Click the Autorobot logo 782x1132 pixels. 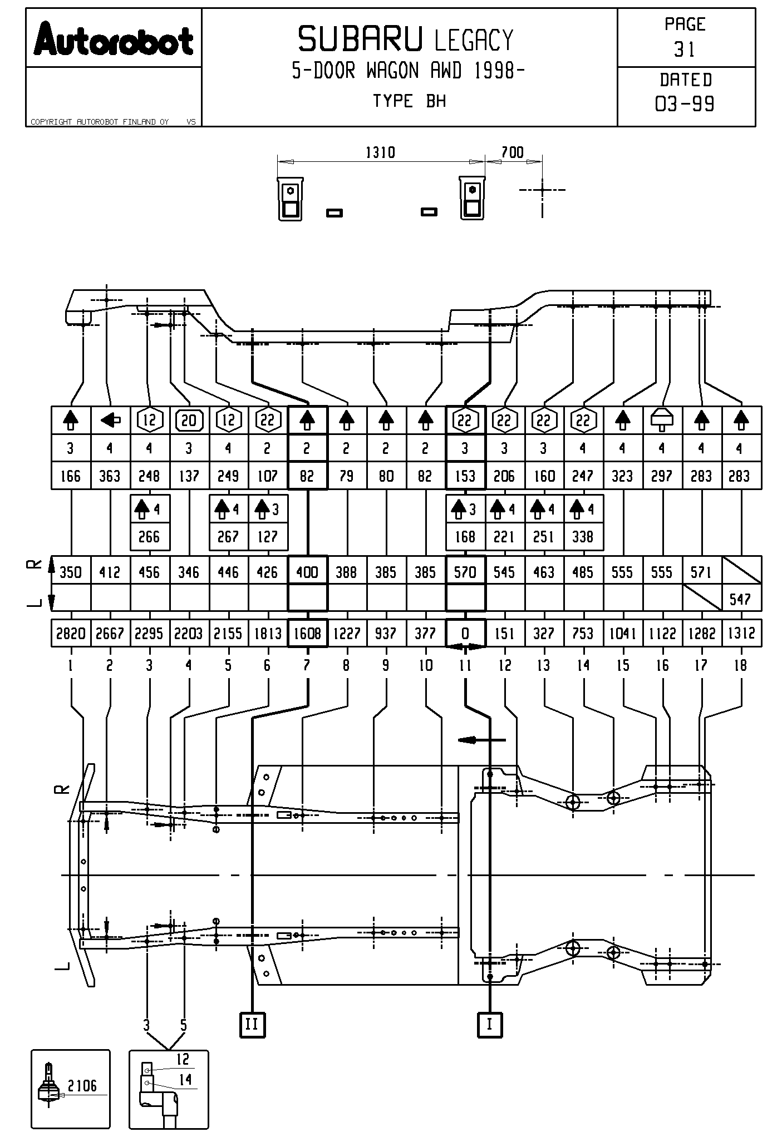point(114,39)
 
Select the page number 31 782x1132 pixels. point(685,50)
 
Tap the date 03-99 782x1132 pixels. point(685,104)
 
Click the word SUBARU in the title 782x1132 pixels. point(360,40)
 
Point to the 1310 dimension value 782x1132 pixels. point(380,152)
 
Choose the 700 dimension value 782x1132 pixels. point(512,152)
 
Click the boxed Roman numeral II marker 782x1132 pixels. point(252,1024)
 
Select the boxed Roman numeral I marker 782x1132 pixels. point(489,1024)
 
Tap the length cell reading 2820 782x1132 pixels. point(71,634)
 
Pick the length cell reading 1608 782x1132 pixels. point(307,634)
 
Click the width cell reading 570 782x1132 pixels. point(465,572)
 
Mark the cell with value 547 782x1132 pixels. point(740,600)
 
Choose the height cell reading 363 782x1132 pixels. point(110,476)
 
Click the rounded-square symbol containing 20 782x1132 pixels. point(189,420)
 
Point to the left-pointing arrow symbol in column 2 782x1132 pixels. point(110,420)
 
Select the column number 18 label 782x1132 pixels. point(740,665)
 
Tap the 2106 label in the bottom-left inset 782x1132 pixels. point(82,1085)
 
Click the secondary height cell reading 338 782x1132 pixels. point(583,537)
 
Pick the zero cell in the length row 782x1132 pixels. point(465,634)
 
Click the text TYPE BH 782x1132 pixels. point(409,101)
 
